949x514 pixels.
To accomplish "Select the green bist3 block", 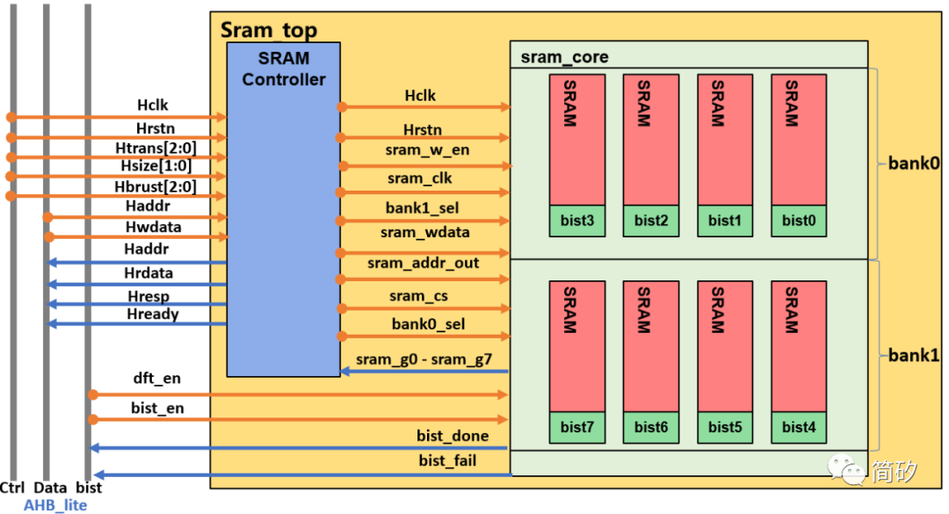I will tap(577, 221).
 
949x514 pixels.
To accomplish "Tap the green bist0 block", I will tap(799, 221).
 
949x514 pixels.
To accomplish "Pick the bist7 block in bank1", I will tap(577, 427).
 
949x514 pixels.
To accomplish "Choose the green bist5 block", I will tap(725, 427).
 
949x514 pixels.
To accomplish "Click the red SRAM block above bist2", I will tap(651, 139).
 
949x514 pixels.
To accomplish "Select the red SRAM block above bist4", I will tap(799, 345).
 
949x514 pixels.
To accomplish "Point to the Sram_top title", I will tap(268, 29).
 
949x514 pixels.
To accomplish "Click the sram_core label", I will tap(564, 57).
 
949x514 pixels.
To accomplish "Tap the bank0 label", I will tap(914, 163).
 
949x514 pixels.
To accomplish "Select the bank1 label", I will tap(914, 356).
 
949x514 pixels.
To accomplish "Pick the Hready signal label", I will tap(151, 315).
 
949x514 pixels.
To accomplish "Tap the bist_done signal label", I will tap(453, 436).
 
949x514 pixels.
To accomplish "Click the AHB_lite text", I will tap(55, 504).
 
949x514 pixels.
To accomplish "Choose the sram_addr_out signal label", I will tap(424, 263).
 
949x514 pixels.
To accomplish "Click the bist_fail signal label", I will tap(447, 460).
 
